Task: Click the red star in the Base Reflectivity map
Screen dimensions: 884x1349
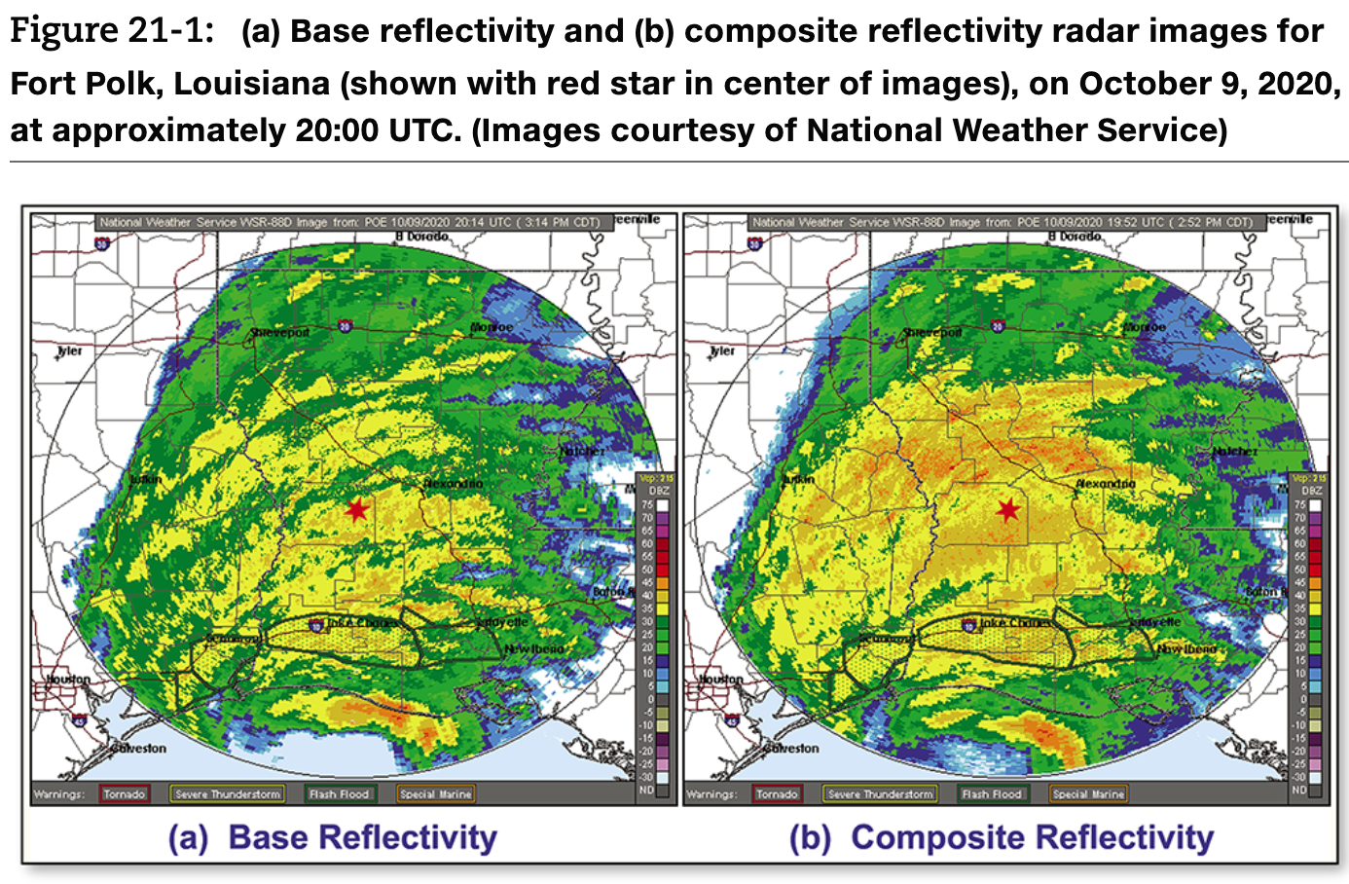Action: (357, 509)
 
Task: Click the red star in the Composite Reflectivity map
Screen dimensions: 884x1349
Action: (1008, 509)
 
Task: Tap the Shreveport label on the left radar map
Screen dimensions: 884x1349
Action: (280, 333)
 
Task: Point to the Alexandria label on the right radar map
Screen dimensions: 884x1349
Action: (1105, 484)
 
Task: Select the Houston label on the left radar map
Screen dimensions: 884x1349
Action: (68, 679)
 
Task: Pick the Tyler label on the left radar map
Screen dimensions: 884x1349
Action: (70, 350)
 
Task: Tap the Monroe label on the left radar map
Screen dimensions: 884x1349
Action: (492, 327)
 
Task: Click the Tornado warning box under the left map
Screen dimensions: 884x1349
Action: (125, 794)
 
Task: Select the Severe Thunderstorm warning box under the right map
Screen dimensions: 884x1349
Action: (880, 794)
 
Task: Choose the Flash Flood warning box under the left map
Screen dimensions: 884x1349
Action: (339, 794)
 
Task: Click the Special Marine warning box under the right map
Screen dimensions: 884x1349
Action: (1088, 794)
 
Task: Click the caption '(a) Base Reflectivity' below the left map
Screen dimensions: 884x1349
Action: (333, 837)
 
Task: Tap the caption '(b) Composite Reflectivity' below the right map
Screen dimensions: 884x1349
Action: (1002, 837)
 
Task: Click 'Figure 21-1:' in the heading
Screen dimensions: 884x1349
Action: (111, 31)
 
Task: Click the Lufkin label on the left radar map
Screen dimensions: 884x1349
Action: (146, 480)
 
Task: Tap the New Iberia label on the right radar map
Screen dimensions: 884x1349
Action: (1185, 648)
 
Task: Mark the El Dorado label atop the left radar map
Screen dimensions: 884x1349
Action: (422, 237)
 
